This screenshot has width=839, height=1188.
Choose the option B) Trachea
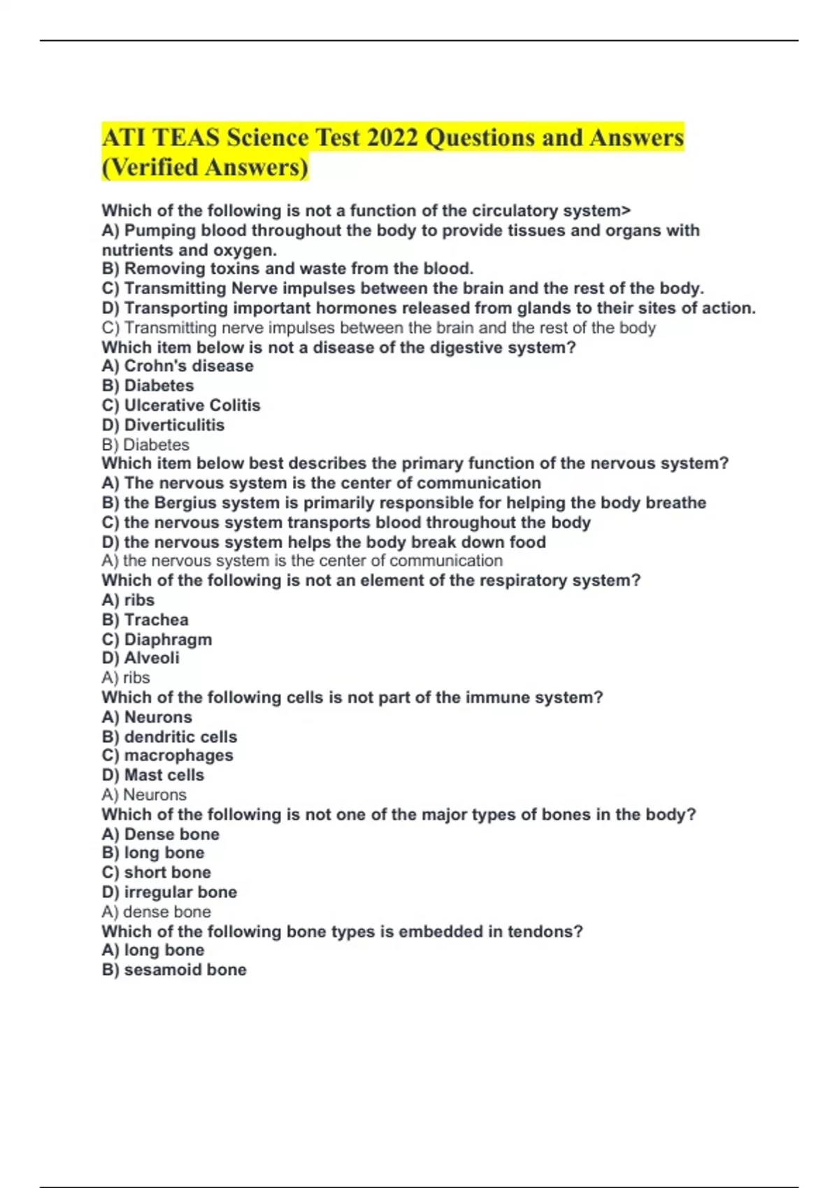[x=145, y=620]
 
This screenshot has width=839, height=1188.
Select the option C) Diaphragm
[x=157, y=639]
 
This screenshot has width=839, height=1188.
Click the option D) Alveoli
[x=141, y=658]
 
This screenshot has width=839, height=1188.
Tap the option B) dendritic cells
[x=169, y=737]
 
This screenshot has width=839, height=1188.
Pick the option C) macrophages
[x=167, y=755]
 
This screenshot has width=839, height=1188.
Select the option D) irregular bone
[x=169, y=892]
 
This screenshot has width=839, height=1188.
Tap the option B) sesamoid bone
[x=174, y=970]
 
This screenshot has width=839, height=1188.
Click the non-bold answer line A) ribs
[x=126, y=678]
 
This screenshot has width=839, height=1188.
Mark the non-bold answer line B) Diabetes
[x=145, y=445]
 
